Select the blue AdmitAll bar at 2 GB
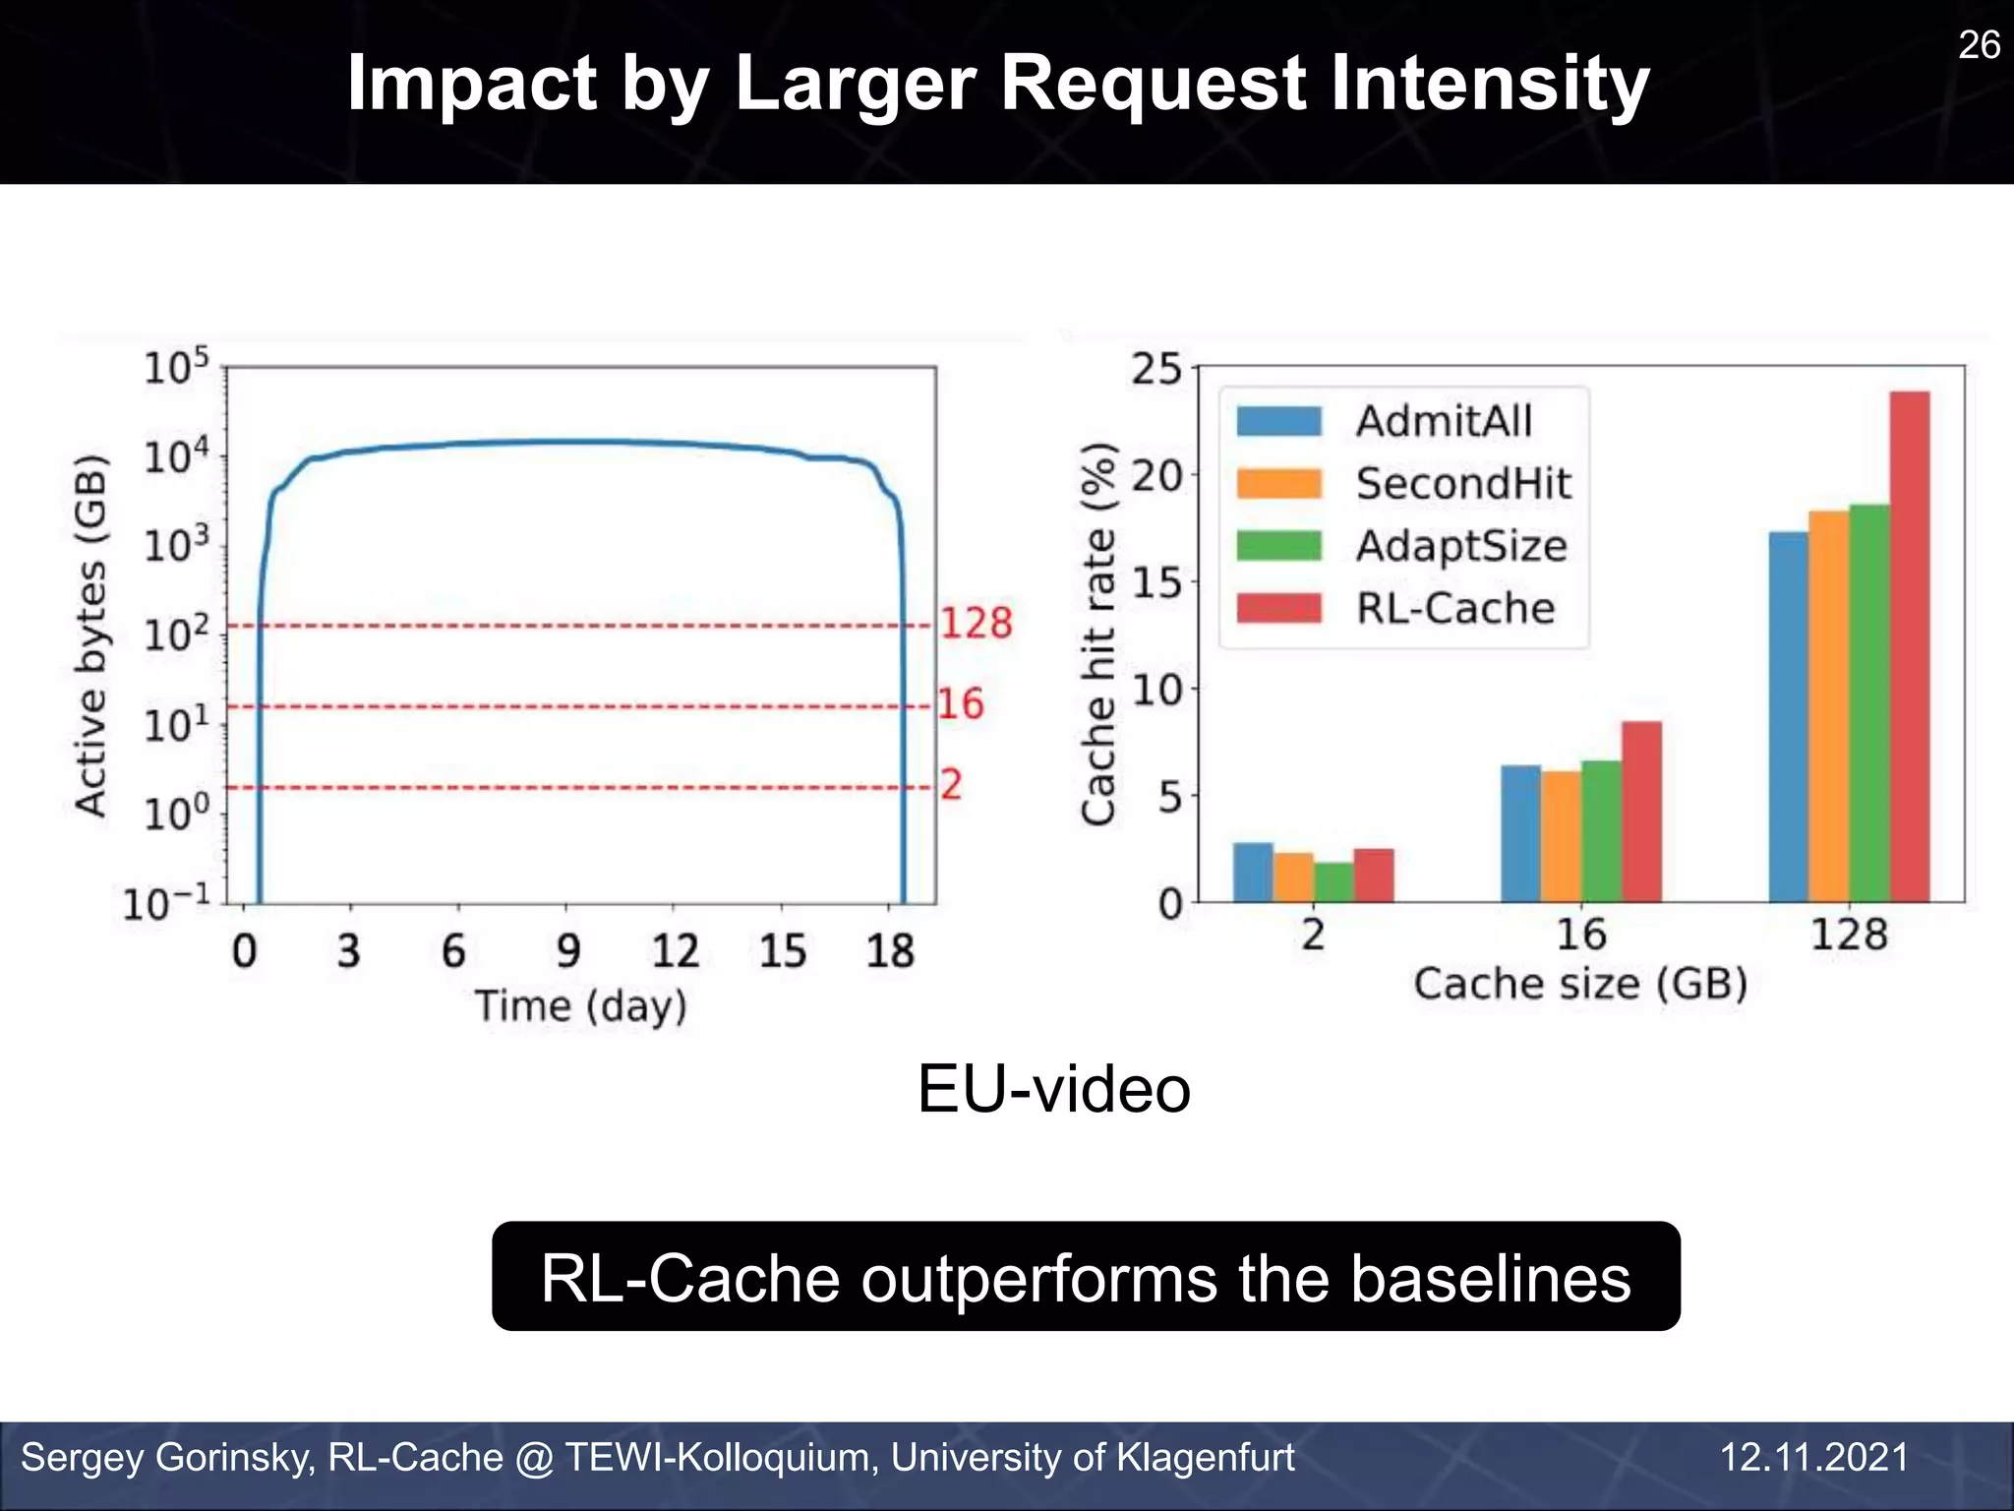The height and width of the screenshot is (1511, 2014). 1252,873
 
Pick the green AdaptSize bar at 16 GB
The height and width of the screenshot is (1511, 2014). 1601,831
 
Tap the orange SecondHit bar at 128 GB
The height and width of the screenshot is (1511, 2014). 1828,706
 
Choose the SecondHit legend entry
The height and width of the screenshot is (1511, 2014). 1461,484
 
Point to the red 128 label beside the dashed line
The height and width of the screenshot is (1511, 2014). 977,624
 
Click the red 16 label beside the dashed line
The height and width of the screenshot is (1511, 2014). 960,704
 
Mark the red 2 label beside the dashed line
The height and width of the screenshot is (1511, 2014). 950,785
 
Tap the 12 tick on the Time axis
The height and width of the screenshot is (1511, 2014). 675,951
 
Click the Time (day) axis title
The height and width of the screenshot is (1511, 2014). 581,1007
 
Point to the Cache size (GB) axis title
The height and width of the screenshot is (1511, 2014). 1580,984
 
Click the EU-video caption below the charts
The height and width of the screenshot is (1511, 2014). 1053,1090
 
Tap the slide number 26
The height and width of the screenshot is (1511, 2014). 1978,45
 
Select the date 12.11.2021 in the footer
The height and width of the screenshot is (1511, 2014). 1813,1458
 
